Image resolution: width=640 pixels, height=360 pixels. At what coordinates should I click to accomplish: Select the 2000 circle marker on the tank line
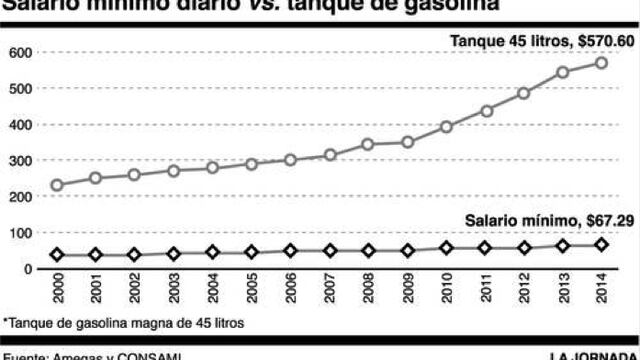pyautogui.click(x=57, y=185)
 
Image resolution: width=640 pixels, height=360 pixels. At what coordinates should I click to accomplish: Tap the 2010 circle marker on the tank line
pyautogui.click(x=447, y=127)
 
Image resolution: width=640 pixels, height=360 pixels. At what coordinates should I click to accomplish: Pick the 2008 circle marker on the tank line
pyautogui.click(x=368, y=144)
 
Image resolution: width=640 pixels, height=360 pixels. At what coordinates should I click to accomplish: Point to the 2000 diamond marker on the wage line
pyautogui.click(x=57, y=255)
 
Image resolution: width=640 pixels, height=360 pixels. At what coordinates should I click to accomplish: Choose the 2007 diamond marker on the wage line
pyautogui.click(x=329, y=251)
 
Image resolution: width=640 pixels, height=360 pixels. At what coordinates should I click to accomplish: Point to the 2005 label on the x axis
pyautogui.click(x=251, y=290)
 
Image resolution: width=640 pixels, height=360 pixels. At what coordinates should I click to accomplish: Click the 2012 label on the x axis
pyautogui.click(x=524, y=290)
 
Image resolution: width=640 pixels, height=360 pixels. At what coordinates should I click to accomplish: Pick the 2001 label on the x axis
pyautogui.click(x=95, y=290)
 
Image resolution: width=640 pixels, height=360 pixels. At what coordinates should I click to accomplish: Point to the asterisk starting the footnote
pyautogui.click(x=5, y=322)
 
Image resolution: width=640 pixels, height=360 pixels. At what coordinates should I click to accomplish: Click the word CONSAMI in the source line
pyautogui.click(x=151, y=355)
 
